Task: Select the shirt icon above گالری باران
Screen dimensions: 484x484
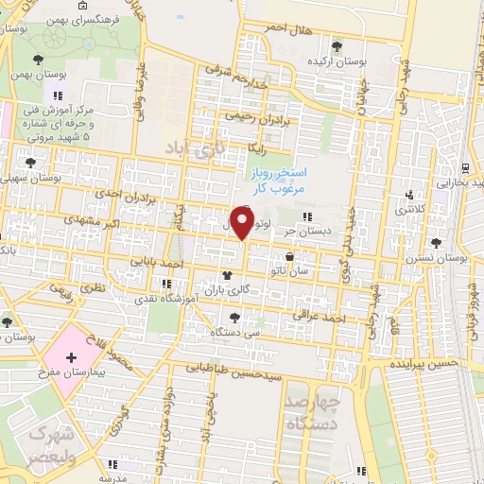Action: pos(227,274)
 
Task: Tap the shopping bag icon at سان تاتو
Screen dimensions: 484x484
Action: pos(288,256)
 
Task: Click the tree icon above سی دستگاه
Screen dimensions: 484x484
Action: pos(233,318)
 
